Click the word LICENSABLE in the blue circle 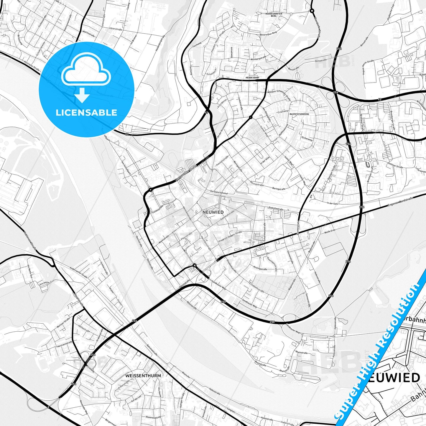pos(86,112)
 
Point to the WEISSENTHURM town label pos(143,376)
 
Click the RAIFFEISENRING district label pos(299,114)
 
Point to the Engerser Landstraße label pos(400,202)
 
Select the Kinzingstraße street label pos(260,269)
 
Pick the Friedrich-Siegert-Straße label pos(230,237)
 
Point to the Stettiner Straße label pos(395,167)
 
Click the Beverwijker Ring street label pos(268,34)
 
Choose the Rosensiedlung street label pos(153,417)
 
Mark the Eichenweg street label pos(307,138)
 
